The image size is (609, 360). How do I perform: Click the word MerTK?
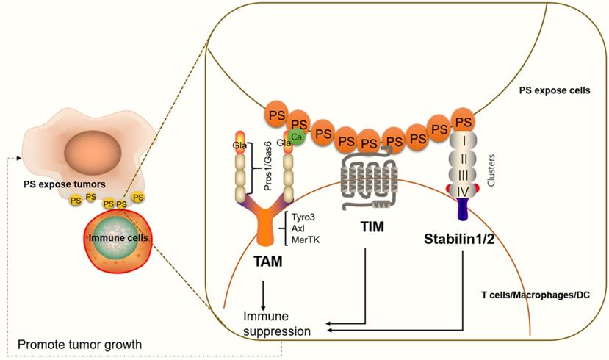pos(304,240)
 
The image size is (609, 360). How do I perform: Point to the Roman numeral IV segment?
pos(463,190)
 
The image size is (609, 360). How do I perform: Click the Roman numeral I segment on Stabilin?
pos(463,138)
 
